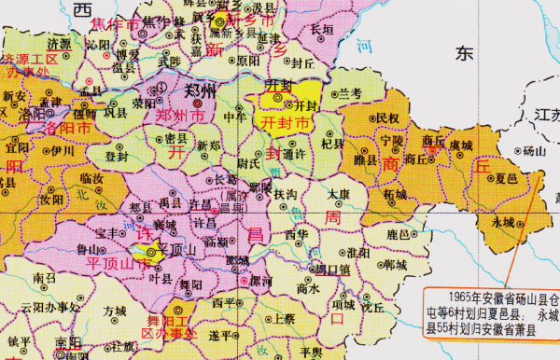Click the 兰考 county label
coord(350,93)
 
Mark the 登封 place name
coord(119,156)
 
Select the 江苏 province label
coord(545,114)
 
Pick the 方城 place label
coord(114,309)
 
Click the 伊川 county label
coord(63,149)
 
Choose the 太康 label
coord(338,194)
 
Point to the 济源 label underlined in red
coord(59,43)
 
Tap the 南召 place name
coord(44,278)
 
